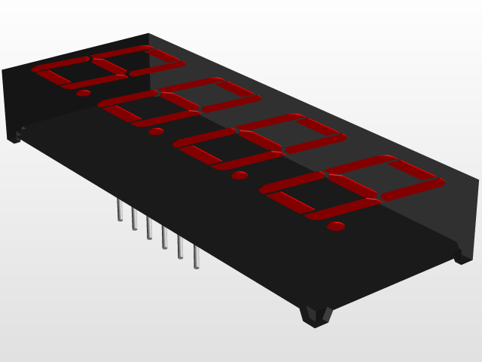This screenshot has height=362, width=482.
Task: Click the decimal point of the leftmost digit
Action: pos(84,94)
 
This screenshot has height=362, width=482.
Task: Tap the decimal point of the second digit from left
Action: pos(156,132)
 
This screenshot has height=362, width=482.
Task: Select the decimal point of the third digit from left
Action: pos(239,176)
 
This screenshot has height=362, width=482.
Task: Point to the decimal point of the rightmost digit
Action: pos(336,226)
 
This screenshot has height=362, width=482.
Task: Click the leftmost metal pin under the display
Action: pos(119,210)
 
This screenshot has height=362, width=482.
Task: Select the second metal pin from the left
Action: pos(134,219)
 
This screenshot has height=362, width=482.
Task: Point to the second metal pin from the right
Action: pos(180,248)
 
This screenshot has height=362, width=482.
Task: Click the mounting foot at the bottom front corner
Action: pos(316,315)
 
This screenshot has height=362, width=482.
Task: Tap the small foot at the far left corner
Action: pos(14,137)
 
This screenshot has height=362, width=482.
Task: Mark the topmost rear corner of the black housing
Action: pos(148,34)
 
